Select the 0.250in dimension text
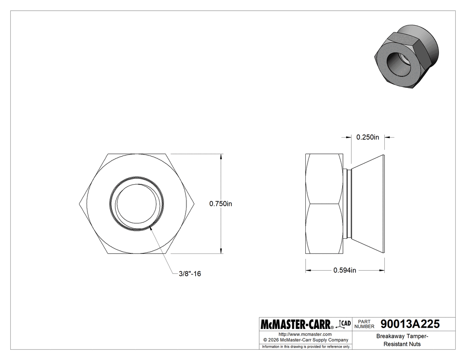pyautogui.click(x=367, y=137)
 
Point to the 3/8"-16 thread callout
pyautogui.click(x=189, y=274)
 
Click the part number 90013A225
pyautogui.click(x=411, y=324)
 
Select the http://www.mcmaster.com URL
pyautogui.click(x=305, y=334)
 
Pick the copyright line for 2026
pyautogui.click(x=305, y=340)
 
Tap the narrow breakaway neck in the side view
pyautogui.click(x=348, y=203)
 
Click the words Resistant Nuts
pyautogui.click(x=402, y=344)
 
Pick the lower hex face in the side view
pyautogui.click(x=324, y=229)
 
